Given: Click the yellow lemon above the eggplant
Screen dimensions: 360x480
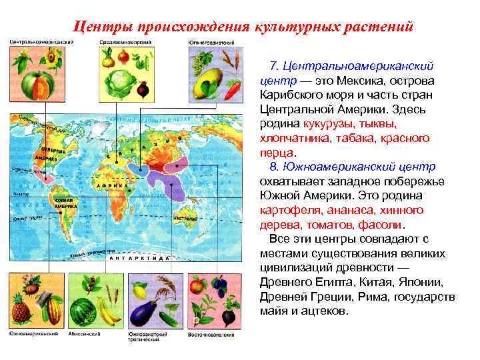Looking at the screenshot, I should (139, 291).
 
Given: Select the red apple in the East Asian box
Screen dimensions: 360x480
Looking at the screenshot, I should (198, 286).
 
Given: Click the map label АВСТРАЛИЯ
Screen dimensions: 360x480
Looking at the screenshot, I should (184, 217).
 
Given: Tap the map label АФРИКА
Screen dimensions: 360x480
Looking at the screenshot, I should (106, 183).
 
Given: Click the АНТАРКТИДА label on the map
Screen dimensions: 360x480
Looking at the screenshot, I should (137, 257).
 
